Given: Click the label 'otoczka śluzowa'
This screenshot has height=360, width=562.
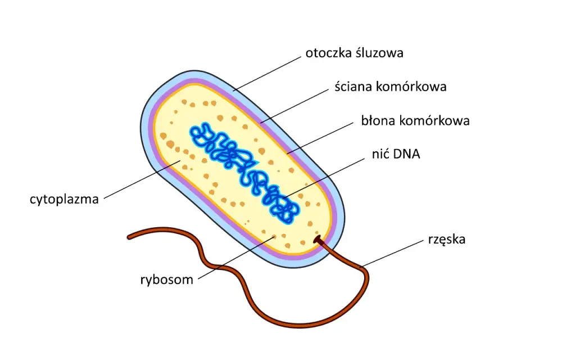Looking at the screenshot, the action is pos(354,53).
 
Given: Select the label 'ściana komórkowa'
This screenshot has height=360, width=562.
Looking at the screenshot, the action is pos(391,87).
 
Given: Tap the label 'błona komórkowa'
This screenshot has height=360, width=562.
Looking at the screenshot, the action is pos(415,120).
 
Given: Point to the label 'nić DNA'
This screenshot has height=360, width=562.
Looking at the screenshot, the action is pos(396,154).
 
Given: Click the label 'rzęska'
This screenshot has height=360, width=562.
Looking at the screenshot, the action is pos(447,240).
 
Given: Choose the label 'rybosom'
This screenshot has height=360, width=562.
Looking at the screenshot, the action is pos(167,280).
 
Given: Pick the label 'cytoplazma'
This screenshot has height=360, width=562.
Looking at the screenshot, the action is pos(64,199).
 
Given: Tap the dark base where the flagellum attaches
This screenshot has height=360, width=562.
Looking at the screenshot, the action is pos(318,240).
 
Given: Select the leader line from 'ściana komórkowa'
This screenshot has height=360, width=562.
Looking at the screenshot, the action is pos(294,106).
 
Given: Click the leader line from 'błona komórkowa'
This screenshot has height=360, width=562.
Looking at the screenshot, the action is pos(320,138).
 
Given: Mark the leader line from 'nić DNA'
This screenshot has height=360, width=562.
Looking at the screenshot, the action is pos(324,178).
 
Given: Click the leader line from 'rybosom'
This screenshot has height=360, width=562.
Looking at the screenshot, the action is pos(236,258).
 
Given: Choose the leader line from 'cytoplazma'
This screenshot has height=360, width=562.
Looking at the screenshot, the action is pos(142,179).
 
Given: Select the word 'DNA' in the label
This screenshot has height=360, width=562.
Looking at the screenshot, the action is pos(406,154).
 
